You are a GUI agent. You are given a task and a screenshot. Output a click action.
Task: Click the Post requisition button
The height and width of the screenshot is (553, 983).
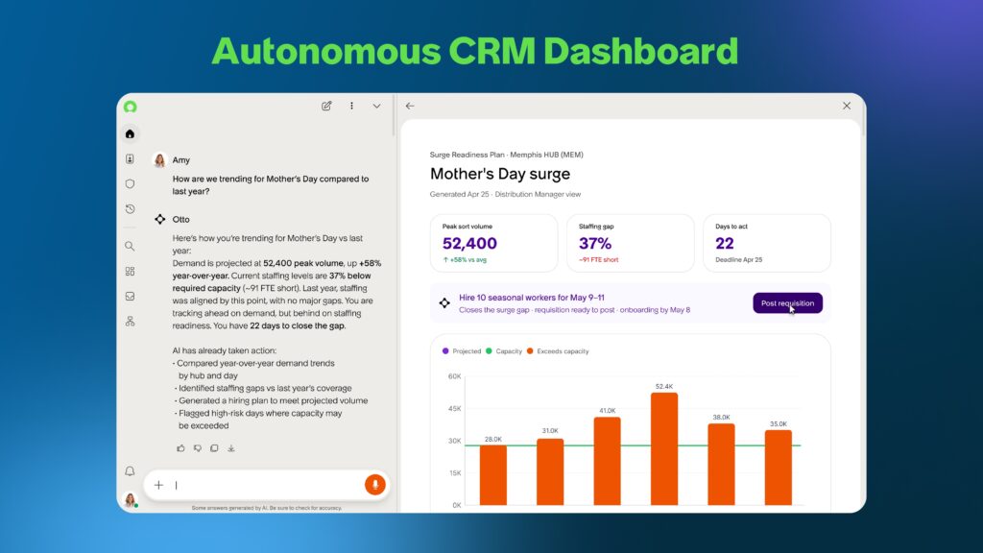(787, 302)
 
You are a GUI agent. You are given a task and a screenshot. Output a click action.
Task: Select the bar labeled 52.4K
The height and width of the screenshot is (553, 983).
(664, 449)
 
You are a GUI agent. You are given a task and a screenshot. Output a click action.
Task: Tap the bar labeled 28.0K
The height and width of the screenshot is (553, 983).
(493, 475)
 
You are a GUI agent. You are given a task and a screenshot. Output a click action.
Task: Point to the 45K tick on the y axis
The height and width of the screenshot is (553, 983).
(454, 408)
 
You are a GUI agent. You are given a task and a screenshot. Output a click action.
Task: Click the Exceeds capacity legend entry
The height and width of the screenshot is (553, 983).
(558, 351)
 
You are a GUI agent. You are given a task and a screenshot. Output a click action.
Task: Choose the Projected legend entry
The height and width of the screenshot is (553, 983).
(462, 351)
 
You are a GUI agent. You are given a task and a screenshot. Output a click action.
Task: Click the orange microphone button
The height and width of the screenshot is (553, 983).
(375, 485)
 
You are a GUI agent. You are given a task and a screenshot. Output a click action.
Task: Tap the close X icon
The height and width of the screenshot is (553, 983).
(847, 106)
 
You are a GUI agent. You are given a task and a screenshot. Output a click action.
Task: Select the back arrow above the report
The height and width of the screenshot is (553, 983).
(410, 106)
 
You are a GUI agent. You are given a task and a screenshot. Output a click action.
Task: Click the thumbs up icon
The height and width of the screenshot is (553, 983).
(181, 448)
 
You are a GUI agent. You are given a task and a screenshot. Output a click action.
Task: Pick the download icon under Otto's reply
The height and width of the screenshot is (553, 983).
(231, 448)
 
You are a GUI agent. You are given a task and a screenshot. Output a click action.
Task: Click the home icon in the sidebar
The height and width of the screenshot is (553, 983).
(130, 133)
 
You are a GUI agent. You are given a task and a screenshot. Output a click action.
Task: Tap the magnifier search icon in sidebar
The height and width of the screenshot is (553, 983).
(130, 247)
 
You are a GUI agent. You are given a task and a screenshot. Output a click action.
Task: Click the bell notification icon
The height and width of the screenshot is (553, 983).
(130, 471)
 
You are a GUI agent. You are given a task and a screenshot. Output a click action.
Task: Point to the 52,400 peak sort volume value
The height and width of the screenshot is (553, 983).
(469, 243)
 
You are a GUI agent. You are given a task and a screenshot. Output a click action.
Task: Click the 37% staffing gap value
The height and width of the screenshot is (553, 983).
(595, 243)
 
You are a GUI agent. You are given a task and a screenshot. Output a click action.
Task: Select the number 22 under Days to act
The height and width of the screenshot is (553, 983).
(725, 243)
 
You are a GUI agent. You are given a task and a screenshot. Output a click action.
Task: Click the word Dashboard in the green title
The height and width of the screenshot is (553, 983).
(640, 51)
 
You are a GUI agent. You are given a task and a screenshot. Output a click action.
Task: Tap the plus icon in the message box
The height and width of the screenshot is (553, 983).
(158, 485)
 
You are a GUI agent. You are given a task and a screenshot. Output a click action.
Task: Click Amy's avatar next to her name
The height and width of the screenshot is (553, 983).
(160, 160)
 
